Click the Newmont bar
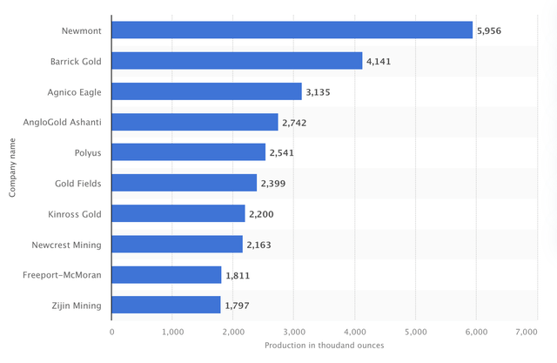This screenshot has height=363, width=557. click(292, 30)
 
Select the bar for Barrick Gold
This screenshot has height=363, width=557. click(237, 61)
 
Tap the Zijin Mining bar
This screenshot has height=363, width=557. click(166, 305)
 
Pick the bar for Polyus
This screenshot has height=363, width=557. click(188, 152)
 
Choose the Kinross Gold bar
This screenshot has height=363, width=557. click(178, 213)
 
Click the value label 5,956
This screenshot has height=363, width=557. click(489, 30)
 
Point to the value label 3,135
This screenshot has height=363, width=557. click(318, 92)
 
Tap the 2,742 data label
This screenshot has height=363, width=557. click(294, 123)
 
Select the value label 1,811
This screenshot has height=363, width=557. click(238, 276)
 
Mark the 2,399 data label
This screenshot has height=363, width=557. click(273, 184)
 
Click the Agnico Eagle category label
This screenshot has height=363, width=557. click(74, 92)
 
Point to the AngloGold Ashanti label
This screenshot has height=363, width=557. click(62, 123)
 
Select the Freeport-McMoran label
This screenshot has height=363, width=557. click(62, 275)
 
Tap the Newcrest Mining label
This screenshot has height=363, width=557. click(66, 245)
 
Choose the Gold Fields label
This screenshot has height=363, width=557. click(77, 184)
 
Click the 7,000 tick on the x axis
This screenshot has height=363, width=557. click(527, 333)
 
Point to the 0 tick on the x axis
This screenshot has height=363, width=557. click(112, 333)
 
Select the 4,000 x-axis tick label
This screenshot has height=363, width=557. click(355, 333)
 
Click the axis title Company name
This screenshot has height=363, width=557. click(12, 168)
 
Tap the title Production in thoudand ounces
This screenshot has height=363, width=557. click(325, 346)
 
